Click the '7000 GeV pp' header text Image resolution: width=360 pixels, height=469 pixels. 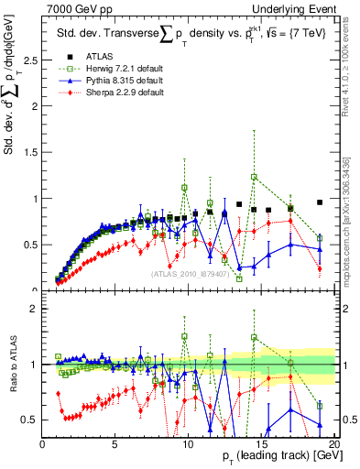(74, 8)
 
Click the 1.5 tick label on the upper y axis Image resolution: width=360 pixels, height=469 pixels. (30, 152)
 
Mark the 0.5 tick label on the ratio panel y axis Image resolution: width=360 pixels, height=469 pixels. (30, 420)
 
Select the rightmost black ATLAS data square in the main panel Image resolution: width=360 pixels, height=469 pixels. (320, 202)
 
